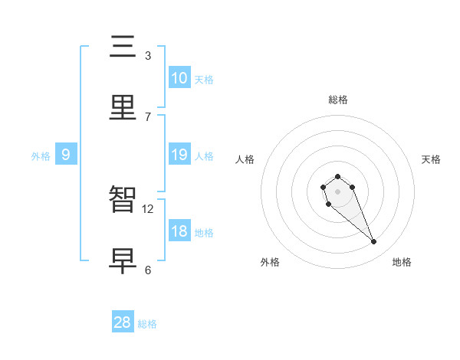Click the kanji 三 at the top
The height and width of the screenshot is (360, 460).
point(123,47)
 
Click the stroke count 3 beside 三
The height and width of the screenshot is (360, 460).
point(148,55)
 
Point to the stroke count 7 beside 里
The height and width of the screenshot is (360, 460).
point(148,116)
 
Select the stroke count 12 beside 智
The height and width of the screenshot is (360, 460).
point(148,208)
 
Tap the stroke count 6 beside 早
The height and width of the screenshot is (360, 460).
point(148,270)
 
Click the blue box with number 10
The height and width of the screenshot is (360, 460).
point(179,78)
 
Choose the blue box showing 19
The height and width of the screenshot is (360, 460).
point(179,155)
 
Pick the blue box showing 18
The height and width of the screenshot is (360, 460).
point(179,231)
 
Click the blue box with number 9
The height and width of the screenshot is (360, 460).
point(66,155)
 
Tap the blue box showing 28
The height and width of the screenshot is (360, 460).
point(123,322)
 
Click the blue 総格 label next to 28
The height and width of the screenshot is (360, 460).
point(147,324)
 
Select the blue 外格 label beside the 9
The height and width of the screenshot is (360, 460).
point(41,156)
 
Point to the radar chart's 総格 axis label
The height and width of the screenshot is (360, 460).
point(338,100)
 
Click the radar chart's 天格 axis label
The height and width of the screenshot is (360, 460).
point(432,159)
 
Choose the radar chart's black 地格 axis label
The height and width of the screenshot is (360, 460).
point(402,262)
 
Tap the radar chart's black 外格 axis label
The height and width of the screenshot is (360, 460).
point(270,262)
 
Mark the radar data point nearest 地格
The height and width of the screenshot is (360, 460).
point(374,242)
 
